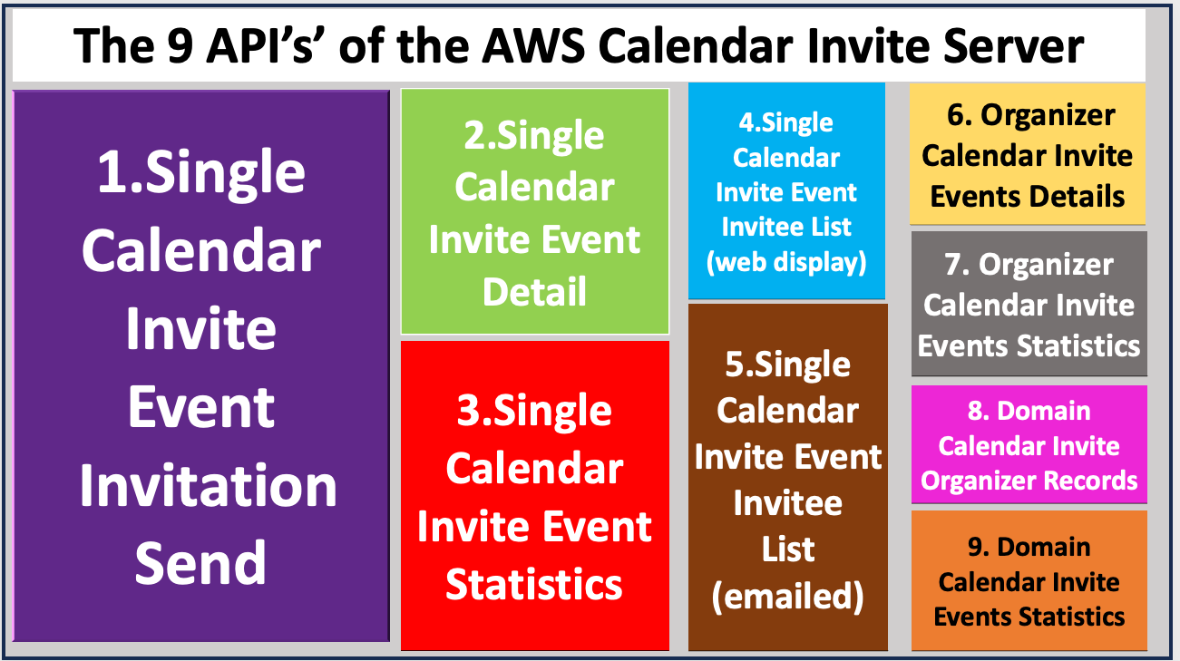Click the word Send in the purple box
200,562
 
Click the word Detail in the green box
534,292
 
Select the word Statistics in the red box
534,584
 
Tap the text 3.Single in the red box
534,411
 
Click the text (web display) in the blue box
786,262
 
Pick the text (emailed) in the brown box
787,596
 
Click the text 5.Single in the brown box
787,365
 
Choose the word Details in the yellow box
1078,196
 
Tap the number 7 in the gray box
952,265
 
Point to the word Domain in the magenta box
1043,411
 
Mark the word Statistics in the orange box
1070,617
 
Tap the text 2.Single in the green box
534,136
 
